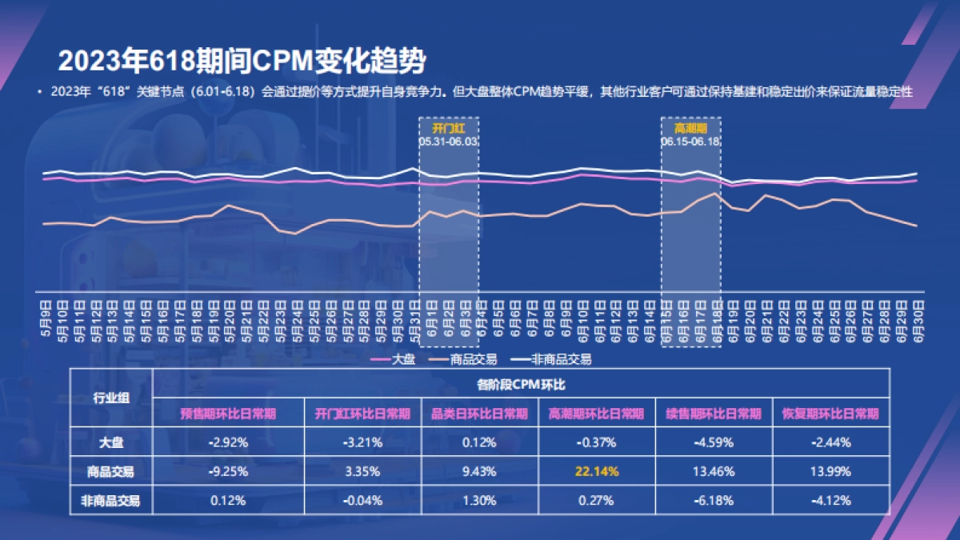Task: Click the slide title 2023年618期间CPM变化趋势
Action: pyautogui.click(x=241, y=60)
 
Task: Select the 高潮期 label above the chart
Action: pyautogui.click(x=690, y=128)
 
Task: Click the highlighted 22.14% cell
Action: pyautogui.click(x=596, y=471)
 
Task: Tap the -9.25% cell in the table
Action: pyautogui.click(x=228, y=471)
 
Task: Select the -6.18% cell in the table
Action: pyautogui.click(x=714, y=501)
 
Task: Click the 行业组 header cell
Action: pyautogui.click(x=111, y=398)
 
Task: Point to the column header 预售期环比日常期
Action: pyautogui.click(x=228, y=414)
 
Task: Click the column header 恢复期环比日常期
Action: pyautogui.click(x=830, y=414)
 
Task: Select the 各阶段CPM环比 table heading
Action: pyautogui.click(x=521, y=384)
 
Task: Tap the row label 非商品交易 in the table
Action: pyautogui.click(x=111, y=501)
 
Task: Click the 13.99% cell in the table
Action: pyautogui.click(x=830, y=471)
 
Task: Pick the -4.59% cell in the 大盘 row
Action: pyautogui.click(x=714, y=442)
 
